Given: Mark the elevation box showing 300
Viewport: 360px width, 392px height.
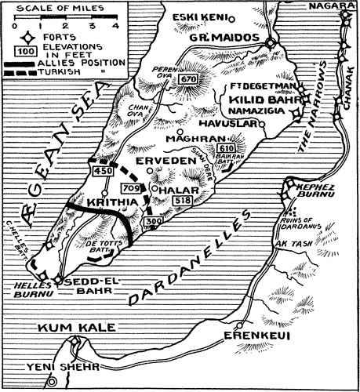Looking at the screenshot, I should click(x=151, y=223).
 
